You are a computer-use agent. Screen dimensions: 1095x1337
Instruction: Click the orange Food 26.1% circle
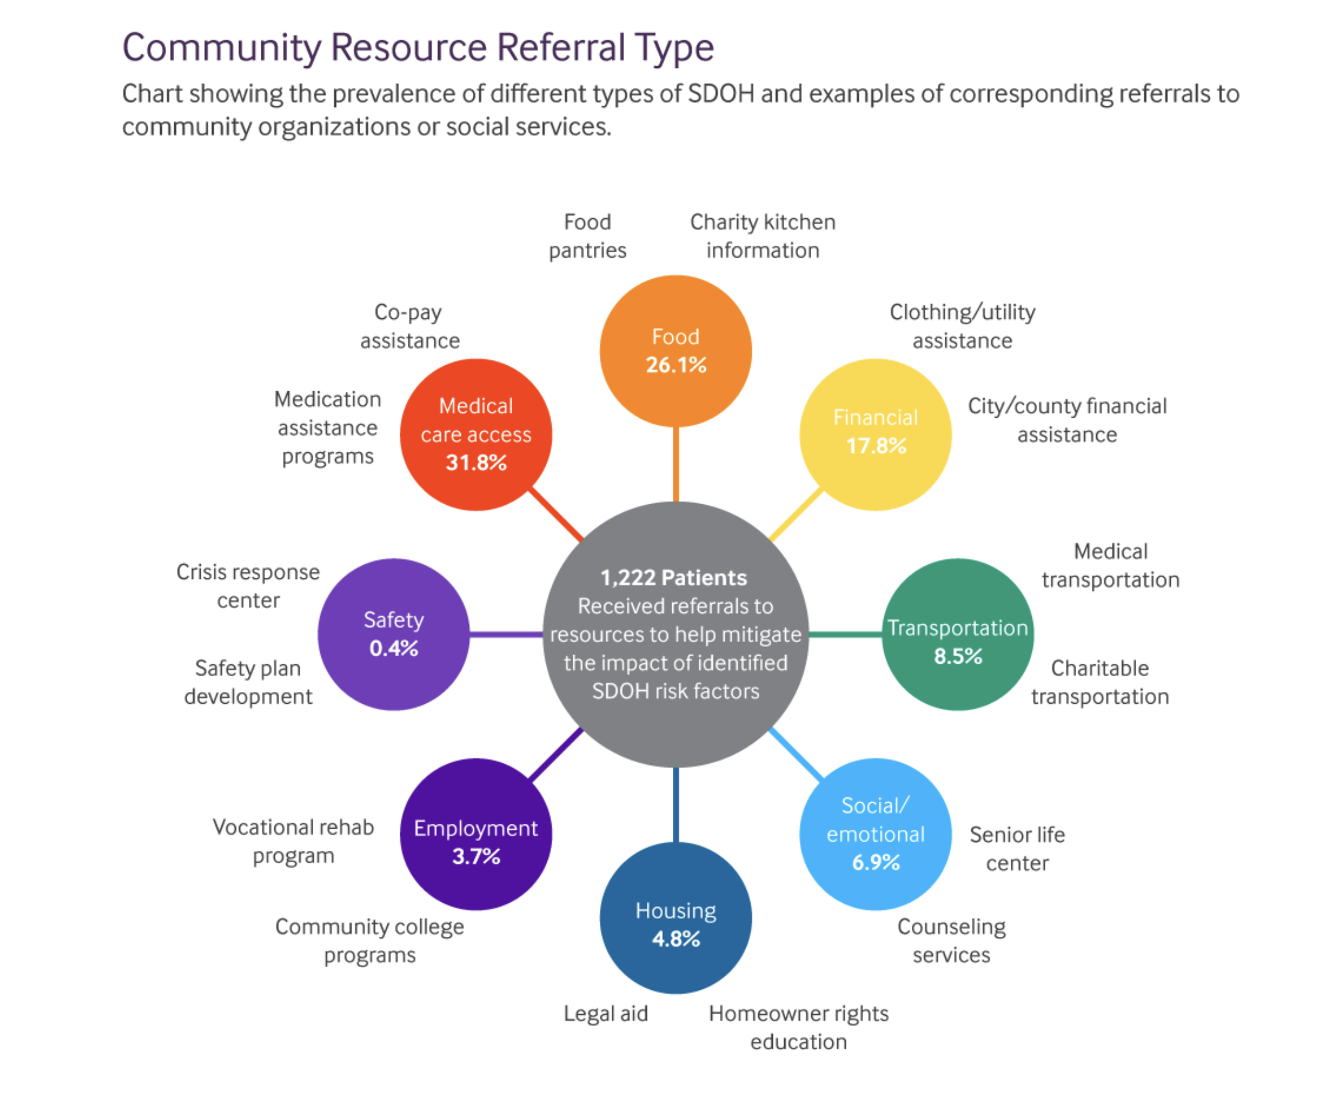[675, 351]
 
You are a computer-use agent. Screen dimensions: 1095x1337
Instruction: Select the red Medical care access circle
[476, 434]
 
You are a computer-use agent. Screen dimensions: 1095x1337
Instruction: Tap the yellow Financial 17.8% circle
[875, 434]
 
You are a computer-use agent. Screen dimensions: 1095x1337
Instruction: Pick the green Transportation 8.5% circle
[958, 634]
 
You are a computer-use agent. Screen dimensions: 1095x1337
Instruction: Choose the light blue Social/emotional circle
[875, 834]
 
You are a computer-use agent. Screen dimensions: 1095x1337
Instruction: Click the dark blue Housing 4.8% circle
[675, 917]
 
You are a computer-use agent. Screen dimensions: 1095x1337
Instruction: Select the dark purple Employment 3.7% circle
[476, 834]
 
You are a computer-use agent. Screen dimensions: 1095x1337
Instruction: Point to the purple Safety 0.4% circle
[394, 634]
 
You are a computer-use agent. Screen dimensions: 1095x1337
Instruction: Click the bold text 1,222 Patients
[673, 578]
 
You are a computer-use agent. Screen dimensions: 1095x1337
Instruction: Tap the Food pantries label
[587, 236]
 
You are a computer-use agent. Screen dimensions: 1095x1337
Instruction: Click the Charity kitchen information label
[762, 236]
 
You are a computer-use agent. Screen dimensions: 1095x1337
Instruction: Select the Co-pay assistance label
[410, 326]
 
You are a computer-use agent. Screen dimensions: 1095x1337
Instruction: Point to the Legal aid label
[605, 1013]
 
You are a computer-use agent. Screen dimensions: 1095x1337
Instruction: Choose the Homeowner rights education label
[798, 1028]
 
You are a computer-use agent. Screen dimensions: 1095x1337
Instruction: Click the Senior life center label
[1016, 848]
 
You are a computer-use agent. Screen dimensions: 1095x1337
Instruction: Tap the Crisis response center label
[248, 585]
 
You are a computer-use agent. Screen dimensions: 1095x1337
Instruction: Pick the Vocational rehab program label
[293, 841]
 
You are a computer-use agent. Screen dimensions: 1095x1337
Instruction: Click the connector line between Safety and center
[506, 634]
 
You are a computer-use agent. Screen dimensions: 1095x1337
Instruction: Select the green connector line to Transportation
[845, 634]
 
